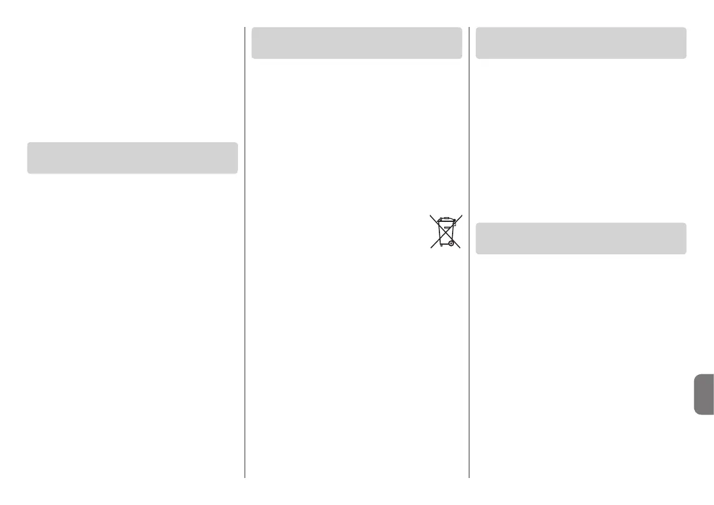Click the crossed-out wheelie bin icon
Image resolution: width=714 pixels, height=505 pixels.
pyautogui.click(x=445, y=232)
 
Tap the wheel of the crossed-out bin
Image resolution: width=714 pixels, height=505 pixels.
pyautogui.click(x=450, y=244)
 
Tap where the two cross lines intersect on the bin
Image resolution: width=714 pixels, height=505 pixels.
pyautogui.click(x=445, y=232)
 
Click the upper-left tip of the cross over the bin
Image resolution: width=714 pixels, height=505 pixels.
pyautogui.click(x=430, y=215)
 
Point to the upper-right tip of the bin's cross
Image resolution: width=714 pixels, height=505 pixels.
pyautogui.click(x=461, y=215)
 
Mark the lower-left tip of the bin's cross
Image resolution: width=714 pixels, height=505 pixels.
pyautogui.click(x=430, y=248)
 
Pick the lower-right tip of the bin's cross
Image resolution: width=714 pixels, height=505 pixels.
pyautogui.click(x=460, y=248)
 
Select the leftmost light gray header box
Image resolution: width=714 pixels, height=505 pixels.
pyautogui.click(x=132, y=158)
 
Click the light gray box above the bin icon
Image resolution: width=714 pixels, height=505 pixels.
pyautogui.click(x=357, y=43)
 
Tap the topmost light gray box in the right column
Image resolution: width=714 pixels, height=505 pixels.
pyautogui.click(x=581, y=43)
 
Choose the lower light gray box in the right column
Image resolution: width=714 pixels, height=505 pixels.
pyautogui.click(x=581, y=238)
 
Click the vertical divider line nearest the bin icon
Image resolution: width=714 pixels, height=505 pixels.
pyautogui.click(x=469, y=252)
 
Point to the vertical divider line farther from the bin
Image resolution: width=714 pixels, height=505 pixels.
pyautogui.click(x=245, y=252)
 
